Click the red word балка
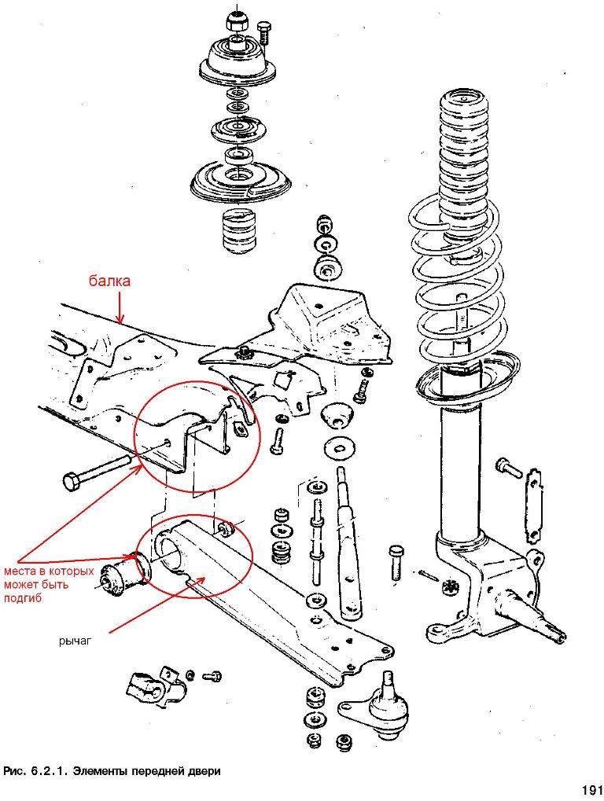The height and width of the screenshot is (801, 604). coord(109,281)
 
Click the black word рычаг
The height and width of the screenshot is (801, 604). coord(75,641)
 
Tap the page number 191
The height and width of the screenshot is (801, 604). coord(591,789)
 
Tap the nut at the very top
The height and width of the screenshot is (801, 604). coord(235,22)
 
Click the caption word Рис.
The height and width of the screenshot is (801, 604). coord(15,770)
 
